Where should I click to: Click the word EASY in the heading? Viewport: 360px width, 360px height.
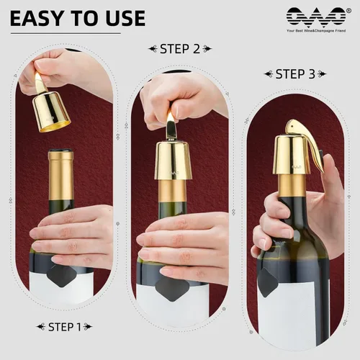37,17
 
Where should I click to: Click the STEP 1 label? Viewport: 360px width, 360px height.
64,327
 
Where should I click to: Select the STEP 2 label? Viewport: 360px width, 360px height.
179,49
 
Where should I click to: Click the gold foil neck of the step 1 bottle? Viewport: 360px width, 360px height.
61,165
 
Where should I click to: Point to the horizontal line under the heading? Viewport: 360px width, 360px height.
65,33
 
